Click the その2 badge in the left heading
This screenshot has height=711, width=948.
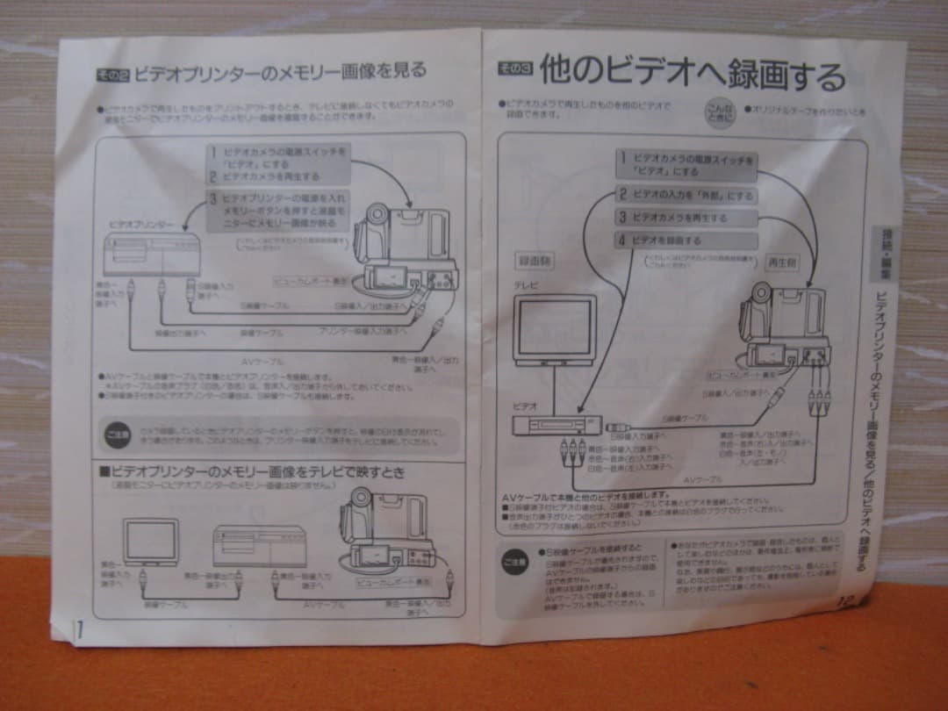coord(113,75)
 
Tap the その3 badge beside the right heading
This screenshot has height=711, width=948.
coord(514,68)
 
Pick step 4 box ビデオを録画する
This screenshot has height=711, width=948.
coord(685,241)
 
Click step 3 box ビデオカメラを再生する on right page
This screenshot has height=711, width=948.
coord(685,218)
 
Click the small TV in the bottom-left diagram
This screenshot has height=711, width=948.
coord(150,540)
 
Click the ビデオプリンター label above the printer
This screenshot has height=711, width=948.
coord(140,225)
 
